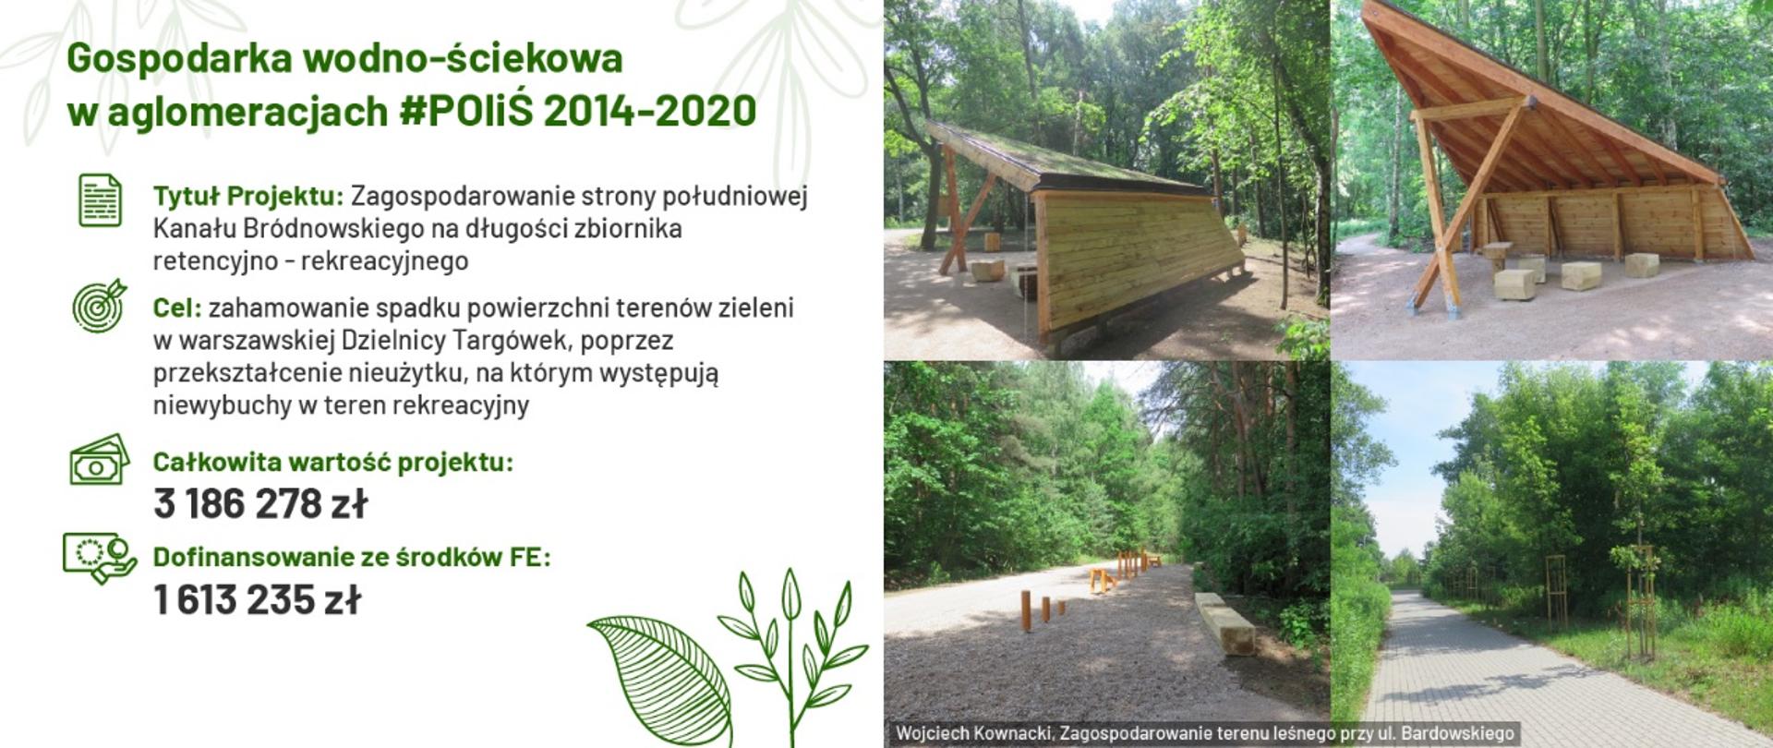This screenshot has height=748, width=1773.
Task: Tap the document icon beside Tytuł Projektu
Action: [x=100, y=200]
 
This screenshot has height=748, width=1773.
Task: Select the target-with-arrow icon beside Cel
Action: [x=99, y=306]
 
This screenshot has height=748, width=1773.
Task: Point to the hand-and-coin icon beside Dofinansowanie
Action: [x=99, y=557]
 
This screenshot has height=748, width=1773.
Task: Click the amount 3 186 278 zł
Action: [x=260, y=504]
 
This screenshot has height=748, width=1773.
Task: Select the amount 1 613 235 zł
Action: [x=257, y=600]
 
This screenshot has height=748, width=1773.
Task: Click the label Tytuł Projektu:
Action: [x=247, y=197]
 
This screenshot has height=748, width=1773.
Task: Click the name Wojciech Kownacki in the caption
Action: [x=973, y=734]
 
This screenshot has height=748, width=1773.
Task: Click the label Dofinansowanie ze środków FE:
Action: [x=351, y=557]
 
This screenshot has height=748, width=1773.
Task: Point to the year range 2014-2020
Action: [x=650, y=111]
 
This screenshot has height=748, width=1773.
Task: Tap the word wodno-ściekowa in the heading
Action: [x=463, y=58]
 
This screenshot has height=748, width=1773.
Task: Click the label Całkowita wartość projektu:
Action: [x=332, y=462]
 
